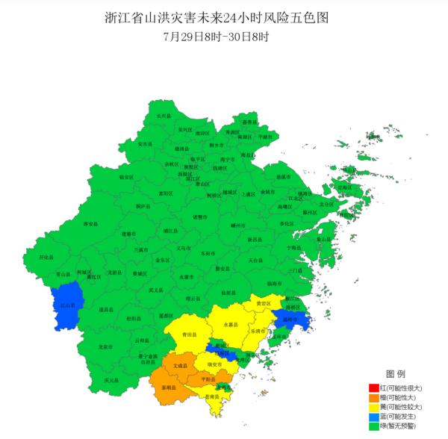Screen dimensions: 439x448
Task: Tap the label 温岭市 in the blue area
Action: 293,319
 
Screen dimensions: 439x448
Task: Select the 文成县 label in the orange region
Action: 179,366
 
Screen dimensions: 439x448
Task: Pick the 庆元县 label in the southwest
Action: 111,380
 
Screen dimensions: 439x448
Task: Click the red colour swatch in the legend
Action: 373,387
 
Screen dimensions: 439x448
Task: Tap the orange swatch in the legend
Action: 373,396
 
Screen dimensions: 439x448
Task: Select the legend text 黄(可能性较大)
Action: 401,406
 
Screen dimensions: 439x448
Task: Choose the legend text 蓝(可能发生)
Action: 399,416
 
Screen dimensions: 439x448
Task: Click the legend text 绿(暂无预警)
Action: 399,426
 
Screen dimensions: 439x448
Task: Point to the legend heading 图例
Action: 395,373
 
